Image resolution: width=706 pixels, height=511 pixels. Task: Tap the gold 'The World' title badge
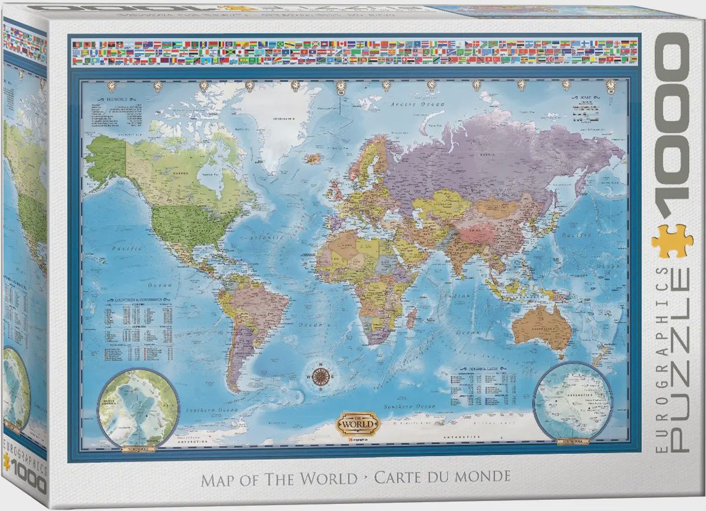(x=355, y=422)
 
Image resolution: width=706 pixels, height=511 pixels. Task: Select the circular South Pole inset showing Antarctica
(x=572, y=401)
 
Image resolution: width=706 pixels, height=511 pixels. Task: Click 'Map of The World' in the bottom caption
(x=279, y=478)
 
